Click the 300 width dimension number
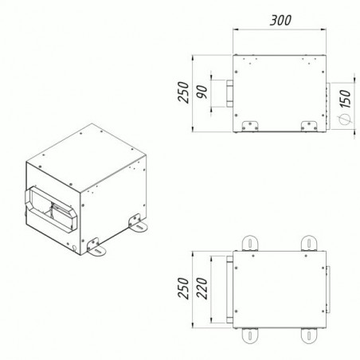click(280, 21)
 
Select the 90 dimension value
click(202, 92)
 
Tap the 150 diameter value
click(345, 99)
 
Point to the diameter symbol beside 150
click(345, 119)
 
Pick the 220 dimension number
click(202, 288)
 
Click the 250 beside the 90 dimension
click(183, 92)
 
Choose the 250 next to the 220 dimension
click(183, 288)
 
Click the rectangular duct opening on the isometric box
click(51, 209)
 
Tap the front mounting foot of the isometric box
click(96, 248)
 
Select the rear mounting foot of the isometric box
click(138, 224)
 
